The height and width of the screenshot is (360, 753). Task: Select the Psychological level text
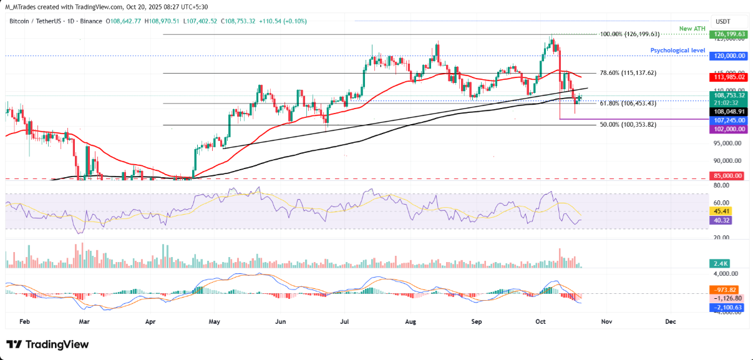coord(678,51)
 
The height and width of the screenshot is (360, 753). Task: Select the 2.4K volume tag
coord(721,265)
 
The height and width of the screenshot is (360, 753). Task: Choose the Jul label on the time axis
coord(344,322)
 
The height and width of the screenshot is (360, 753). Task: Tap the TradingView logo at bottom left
coord(48,344)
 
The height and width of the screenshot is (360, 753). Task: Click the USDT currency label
coord(723,21)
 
